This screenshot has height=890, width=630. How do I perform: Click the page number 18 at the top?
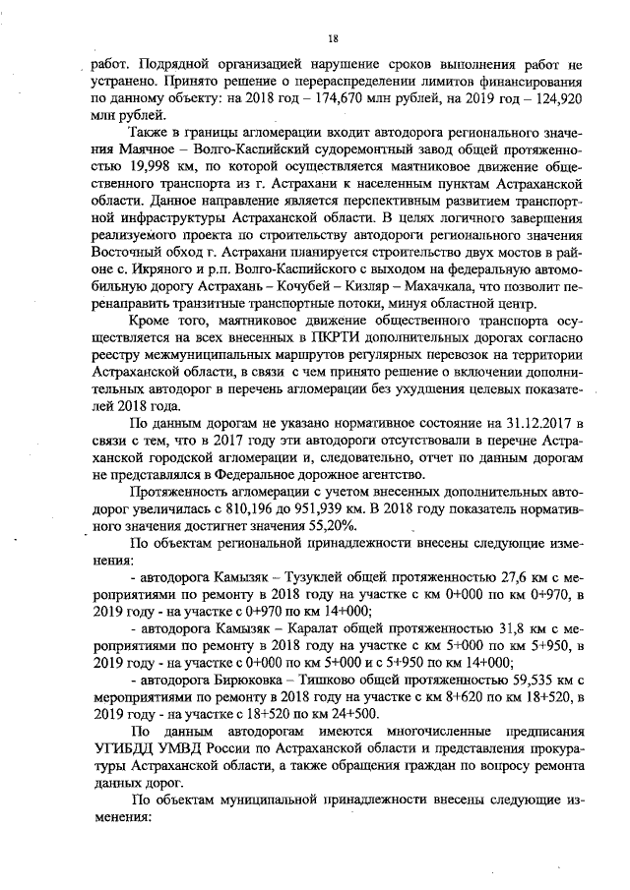(x=333, y=38)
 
